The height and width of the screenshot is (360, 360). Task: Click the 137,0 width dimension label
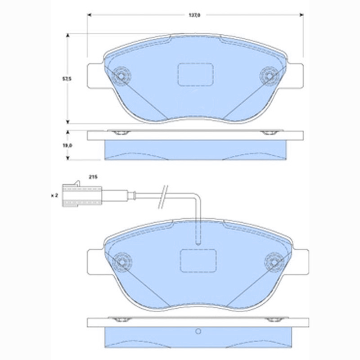click(x=194, y=15)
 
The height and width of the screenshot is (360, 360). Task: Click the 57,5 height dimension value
click(x=67, y=79)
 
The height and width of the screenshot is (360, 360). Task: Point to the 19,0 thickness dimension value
click(x=67, y=145)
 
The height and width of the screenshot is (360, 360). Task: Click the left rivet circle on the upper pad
click(x=121, y=76)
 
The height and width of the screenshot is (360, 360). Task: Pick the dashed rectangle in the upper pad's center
click(x=195, y=74)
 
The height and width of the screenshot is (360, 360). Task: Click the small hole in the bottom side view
click(x=197, y=333)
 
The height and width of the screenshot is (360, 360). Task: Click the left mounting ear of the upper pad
click(x=95, y=76)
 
